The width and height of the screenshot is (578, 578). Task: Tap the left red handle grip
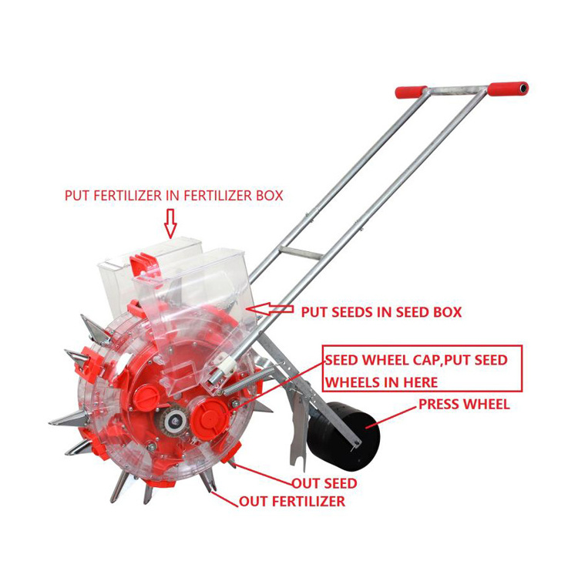pos(411,92)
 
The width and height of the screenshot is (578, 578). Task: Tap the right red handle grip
pos(508,89)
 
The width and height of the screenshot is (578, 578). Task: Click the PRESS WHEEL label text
pos(464,405)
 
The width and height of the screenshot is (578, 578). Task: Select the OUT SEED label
pos(324,483)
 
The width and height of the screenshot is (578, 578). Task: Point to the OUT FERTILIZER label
pos(292,502)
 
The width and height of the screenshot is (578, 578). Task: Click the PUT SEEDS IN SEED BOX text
pos(381,312)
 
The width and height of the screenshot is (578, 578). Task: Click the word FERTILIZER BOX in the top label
pos(234,196)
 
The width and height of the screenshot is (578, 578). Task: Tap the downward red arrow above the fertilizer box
pos(170,223)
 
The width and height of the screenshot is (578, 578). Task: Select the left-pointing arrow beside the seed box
pos(270,309)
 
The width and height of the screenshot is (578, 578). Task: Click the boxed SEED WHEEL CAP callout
pos(422,368)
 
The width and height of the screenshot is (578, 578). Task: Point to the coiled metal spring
pos(246,381)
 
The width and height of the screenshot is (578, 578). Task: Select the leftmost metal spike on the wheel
pos(69,418)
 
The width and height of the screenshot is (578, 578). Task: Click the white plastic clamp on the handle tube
pos(226,363)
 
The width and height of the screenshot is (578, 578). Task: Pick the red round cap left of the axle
pos(146,398)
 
